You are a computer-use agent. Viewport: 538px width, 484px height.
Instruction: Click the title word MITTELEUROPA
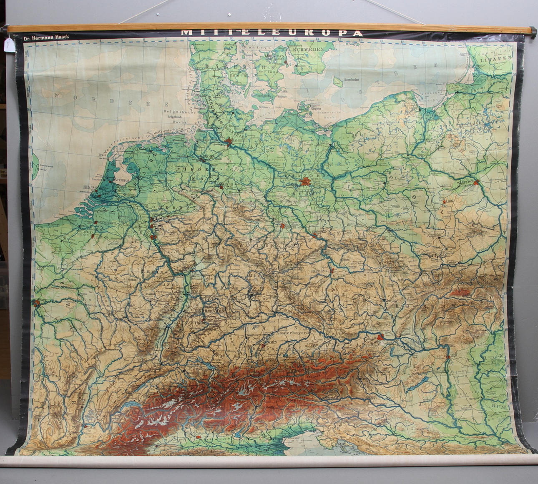272,33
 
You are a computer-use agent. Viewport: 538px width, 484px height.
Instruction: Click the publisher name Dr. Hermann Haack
46,38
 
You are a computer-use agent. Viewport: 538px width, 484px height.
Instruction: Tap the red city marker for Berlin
305,182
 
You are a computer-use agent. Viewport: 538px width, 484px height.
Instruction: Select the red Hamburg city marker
229,143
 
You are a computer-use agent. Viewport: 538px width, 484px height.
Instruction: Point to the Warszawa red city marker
476,183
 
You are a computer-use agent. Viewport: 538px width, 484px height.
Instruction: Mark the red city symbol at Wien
380,338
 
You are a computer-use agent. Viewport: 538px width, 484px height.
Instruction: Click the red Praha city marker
332,271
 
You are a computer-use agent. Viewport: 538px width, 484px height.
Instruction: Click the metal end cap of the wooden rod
534,30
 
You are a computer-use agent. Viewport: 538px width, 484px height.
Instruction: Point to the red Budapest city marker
448,357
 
